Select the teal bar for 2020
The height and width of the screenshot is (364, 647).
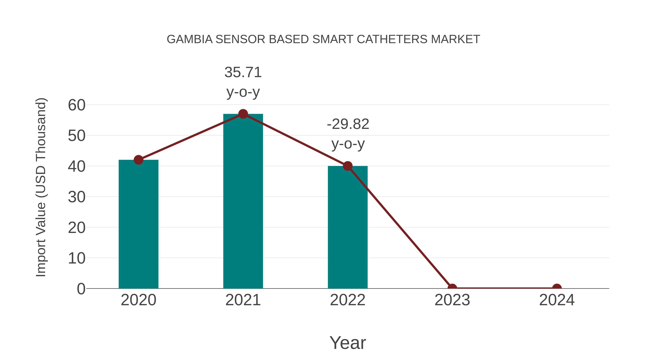138,226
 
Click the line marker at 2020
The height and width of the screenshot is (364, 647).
138,160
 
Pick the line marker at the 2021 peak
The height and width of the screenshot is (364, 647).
243,114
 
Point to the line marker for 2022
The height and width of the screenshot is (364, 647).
348,166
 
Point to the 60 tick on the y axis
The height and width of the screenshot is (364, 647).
77,105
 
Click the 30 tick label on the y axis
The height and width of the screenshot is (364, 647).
77,197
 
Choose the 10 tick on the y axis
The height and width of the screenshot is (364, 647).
77,258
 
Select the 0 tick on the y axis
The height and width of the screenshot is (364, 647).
81,289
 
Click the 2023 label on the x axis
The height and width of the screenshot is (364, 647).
452,300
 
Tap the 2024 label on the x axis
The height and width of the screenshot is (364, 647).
557,300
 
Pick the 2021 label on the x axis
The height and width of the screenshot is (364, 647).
243,300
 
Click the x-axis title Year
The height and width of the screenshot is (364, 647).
348,343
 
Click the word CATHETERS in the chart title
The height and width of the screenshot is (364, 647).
392,39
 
